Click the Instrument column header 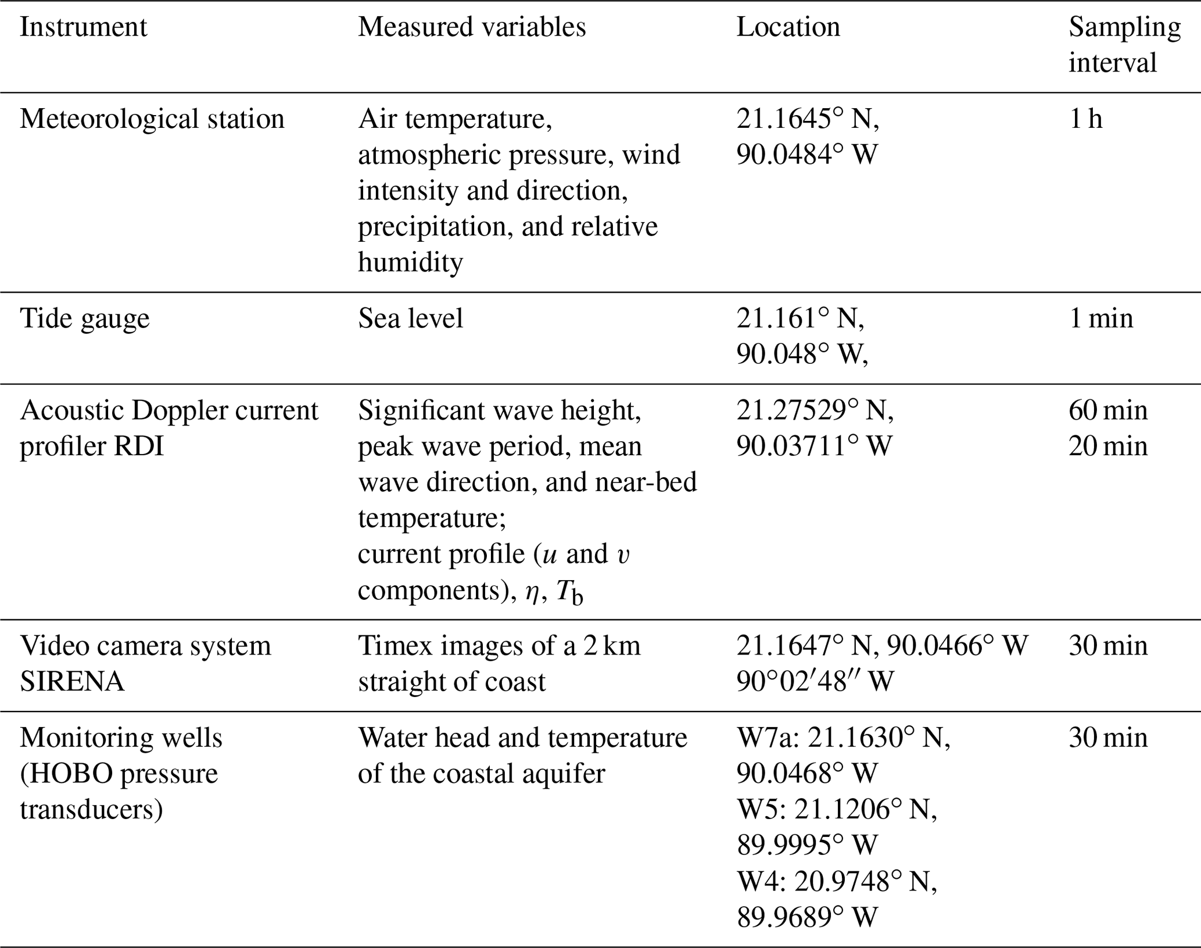coord(83,27)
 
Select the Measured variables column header coord(471,27)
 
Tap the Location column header coord(788,27)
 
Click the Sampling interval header coord(1124,45)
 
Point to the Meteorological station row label coord(152,119)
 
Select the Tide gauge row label coord(85,319)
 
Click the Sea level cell coord(410,319)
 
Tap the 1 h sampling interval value coord(1085,119)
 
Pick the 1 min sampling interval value coord(1100,319)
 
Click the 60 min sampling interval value coord(1108,411)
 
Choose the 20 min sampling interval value coord(1108,447)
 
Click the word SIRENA coord(72,682)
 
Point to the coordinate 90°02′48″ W coord(815,682)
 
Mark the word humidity coord(410,263)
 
